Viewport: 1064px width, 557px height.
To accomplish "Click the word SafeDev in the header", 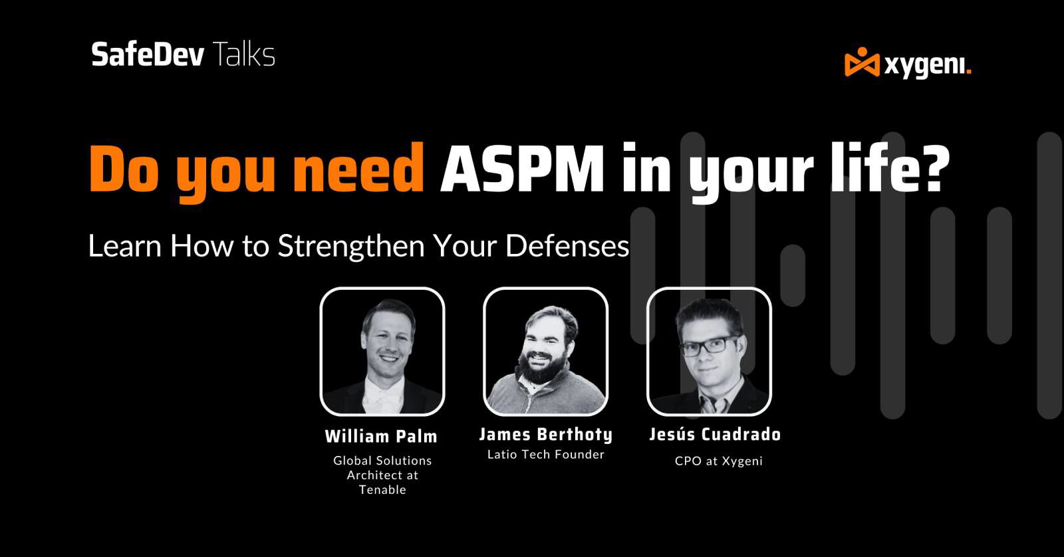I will (148, 55).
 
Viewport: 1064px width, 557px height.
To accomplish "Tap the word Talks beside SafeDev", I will (243, 55).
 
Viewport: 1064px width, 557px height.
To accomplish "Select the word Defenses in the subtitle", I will (567, 246).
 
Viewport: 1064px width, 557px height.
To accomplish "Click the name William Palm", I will (381, 437).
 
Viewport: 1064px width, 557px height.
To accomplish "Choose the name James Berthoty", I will (545, 435).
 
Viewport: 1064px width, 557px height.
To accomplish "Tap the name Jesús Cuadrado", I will (715, 435).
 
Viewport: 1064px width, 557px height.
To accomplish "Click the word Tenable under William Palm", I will (382, 490).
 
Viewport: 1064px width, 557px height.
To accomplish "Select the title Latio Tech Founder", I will (545, 455).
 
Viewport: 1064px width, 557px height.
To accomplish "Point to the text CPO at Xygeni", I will (718, 461).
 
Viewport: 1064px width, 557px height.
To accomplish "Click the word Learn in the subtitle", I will (124, 246).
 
